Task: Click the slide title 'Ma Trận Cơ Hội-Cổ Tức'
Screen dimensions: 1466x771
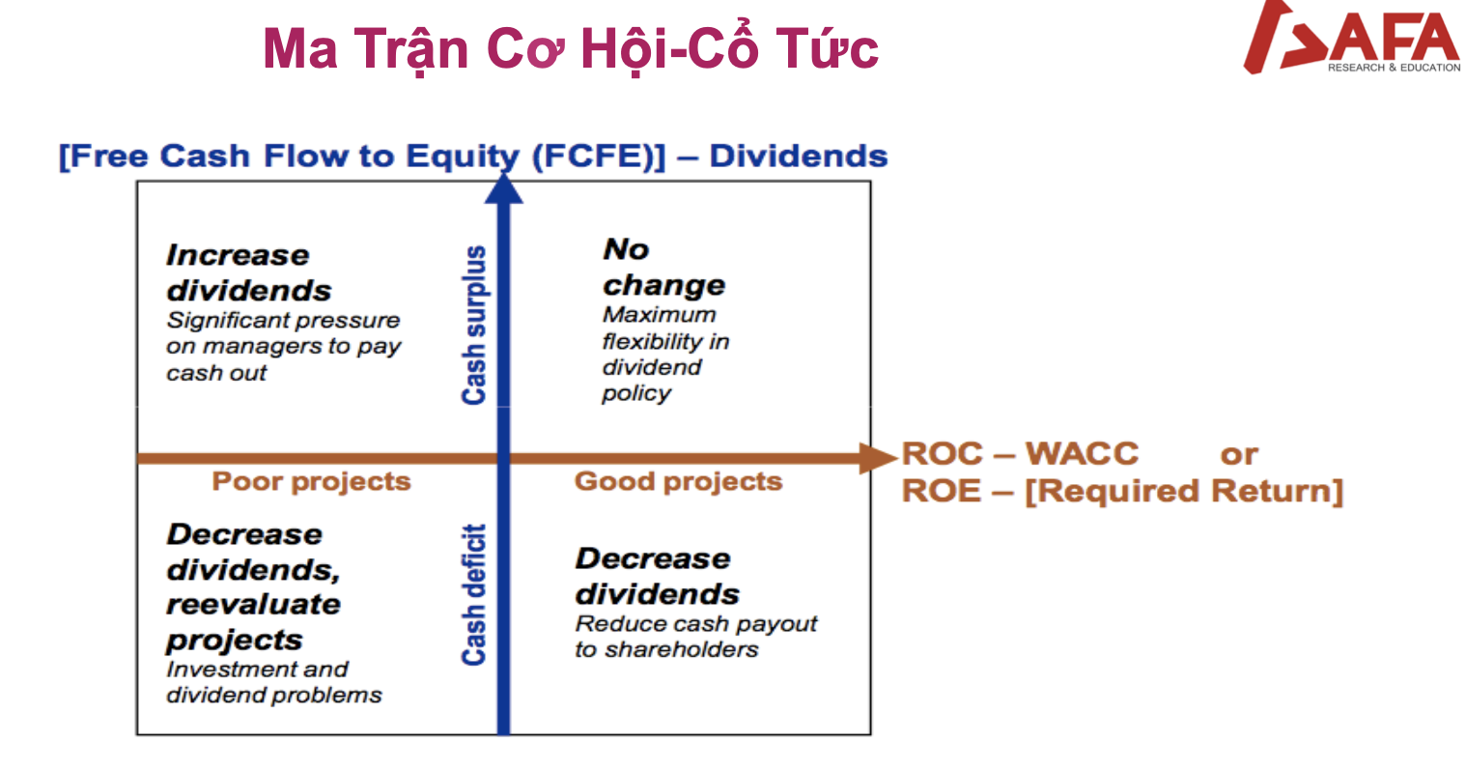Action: click(x=570, y=49)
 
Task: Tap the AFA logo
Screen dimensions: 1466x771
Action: click(x=1351, y=37)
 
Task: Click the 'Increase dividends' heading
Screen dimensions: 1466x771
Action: click(x=249, y=272)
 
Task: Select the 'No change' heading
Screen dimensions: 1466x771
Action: click(x=663, y=267)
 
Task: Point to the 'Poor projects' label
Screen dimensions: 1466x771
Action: click(x=311, y=482)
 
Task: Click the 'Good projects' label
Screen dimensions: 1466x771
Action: click(x=678, y=482)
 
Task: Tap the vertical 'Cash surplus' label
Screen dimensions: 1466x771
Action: click(x=474, y=325)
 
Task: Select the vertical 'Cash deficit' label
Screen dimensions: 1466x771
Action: click(x=474, y=594)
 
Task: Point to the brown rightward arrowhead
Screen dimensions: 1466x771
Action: click(x=878, y=458)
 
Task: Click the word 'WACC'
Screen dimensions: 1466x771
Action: click(x=1082, y=453)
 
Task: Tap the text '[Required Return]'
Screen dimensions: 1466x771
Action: click(x=1184, y=491)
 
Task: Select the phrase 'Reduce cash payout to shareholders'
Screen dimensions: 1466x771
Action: click(x=695, y=636)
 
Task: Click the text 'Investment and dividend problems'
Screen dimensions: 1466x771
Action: click(x=273, y=682)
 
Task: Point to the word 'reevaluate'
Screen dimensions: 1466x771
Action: click(x=253, y=604)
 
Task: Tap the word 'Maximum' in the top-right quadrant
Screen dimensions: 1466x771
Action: click(x=659, y=315)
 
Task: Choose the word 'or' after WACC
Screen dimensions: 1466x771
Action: click(x=1239, y=455)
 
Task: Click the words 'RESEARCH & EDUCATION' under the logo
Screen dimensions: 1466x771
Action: click(x=1394, y=68)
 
